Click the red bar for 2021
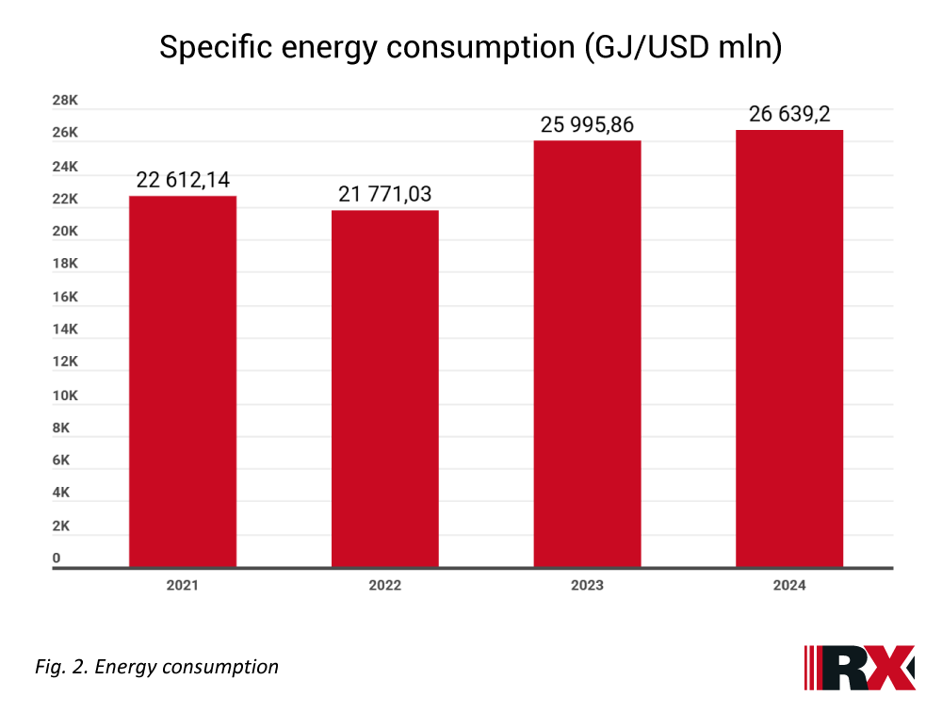click(x=183, y=381)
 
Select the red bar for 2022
click(x=385, y=389)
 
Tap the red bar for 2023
click(x=588, y=354)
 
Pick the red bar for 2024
click(x=789, y=348)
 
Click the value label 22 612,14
click(x=183, y=180)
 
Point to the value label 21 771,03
click(x=385, y=194)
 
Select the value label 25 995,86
click(x=587, y=124)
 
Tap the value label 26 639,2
click(x=789, y=114)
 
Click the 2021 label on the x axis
click(x=183, y=585)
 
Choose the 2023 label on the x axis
click(x=587, y=585)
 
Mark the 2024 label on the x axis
click(x=789, y=585)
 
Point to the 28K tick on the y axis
click(x=65, y=101)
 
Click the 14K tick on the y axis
click(x=65, y=330)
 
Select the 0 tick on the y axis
click(x=57, y=558)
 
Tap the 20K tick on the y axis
click(x=65, y=232)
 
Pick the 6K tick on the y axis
click(x=60, y=461)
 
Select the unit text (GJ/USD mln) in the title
click(x=684, y=47)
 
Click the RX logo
click(x=860, y=668)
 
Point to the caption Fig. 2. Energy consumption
click(x=156, y=667)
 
